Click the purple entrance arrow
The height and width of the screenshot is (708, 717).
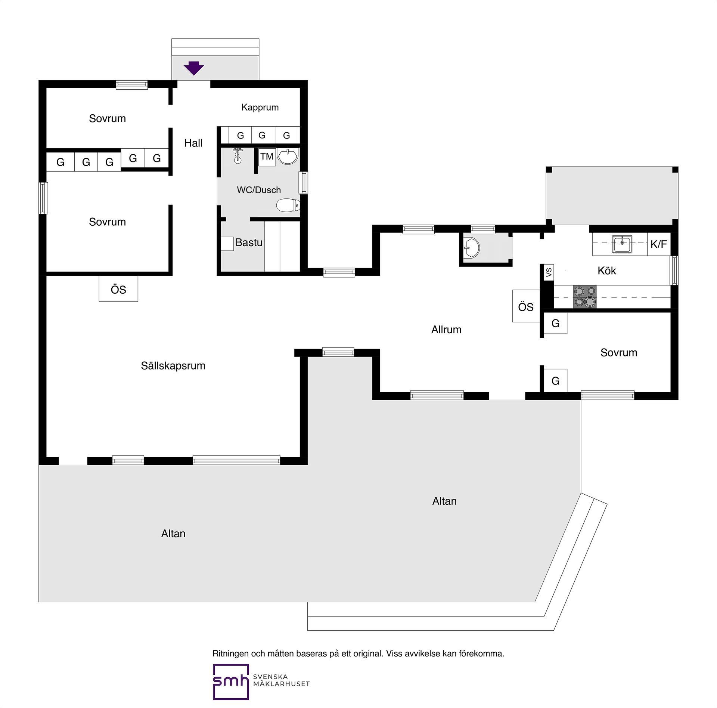194,68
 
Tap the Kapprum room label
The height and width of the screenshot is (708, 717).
260,108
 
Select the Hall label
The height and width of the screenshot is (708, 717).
193,143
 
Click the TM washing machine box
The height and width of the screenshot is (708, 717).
267,157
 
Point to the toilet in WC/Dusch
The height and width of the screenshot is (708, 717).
288,205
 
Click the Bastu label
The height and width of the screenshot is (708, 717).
249,242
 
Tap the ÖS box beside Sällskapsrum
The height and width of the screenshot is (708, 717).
118,288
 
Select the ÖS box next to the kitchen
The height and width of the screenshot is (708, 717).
526,306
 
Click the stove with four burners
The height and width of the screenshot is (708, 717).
585,297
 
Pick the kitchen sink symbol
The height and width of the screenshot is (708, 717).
622,244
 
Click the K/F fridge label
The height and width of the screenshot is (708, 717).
659,244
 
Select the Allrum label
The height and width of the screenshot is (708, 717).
446,330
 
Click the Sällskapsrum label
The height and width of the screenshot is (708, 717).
173,365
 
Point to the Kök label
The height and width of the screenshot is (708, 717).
607,270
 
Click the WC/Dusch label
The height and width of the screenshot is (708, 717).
259,190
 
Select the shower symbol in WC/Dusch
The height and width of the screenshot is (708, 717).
238,156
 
